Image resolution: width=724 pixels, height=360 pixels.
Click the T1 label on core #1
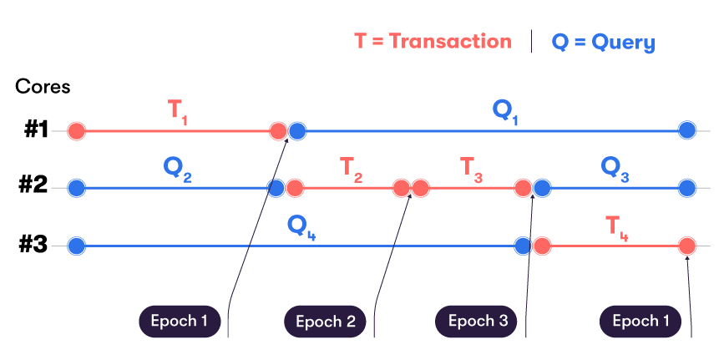pos(178,112)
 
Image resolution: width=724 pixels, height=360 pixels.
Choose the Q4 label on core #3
pos(301,226)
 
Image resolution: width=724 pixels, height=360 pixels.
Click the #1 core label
pos(36,130)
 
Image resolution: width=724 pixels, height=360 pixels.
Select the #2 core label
pos(36,187)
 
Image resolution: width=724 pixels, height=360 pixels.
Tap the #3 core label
pos(36,246)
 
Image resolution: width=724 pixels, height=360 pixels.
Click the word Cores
pos(43,86)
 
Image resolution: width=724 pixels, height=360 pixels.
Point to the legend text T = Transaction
pos(433,41)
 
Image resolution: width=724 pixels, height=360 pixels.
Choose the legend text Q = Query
pos(603,42)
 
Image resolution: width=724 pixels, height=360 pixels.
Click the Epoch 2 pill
pos(325,322)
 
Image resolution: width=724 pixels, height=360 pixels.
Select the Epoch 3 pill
pos(477,321)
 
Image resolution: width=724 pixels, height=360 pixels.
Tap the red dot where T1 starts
pos(76,130)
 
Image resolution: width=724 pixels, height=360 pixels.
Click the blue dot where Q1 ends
pos(687,130)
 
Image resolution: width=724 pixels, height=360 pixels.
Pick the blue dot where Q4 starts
pos(76,246)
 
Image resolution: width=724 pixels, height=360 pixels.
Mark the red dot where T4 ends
pos(687,246)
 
